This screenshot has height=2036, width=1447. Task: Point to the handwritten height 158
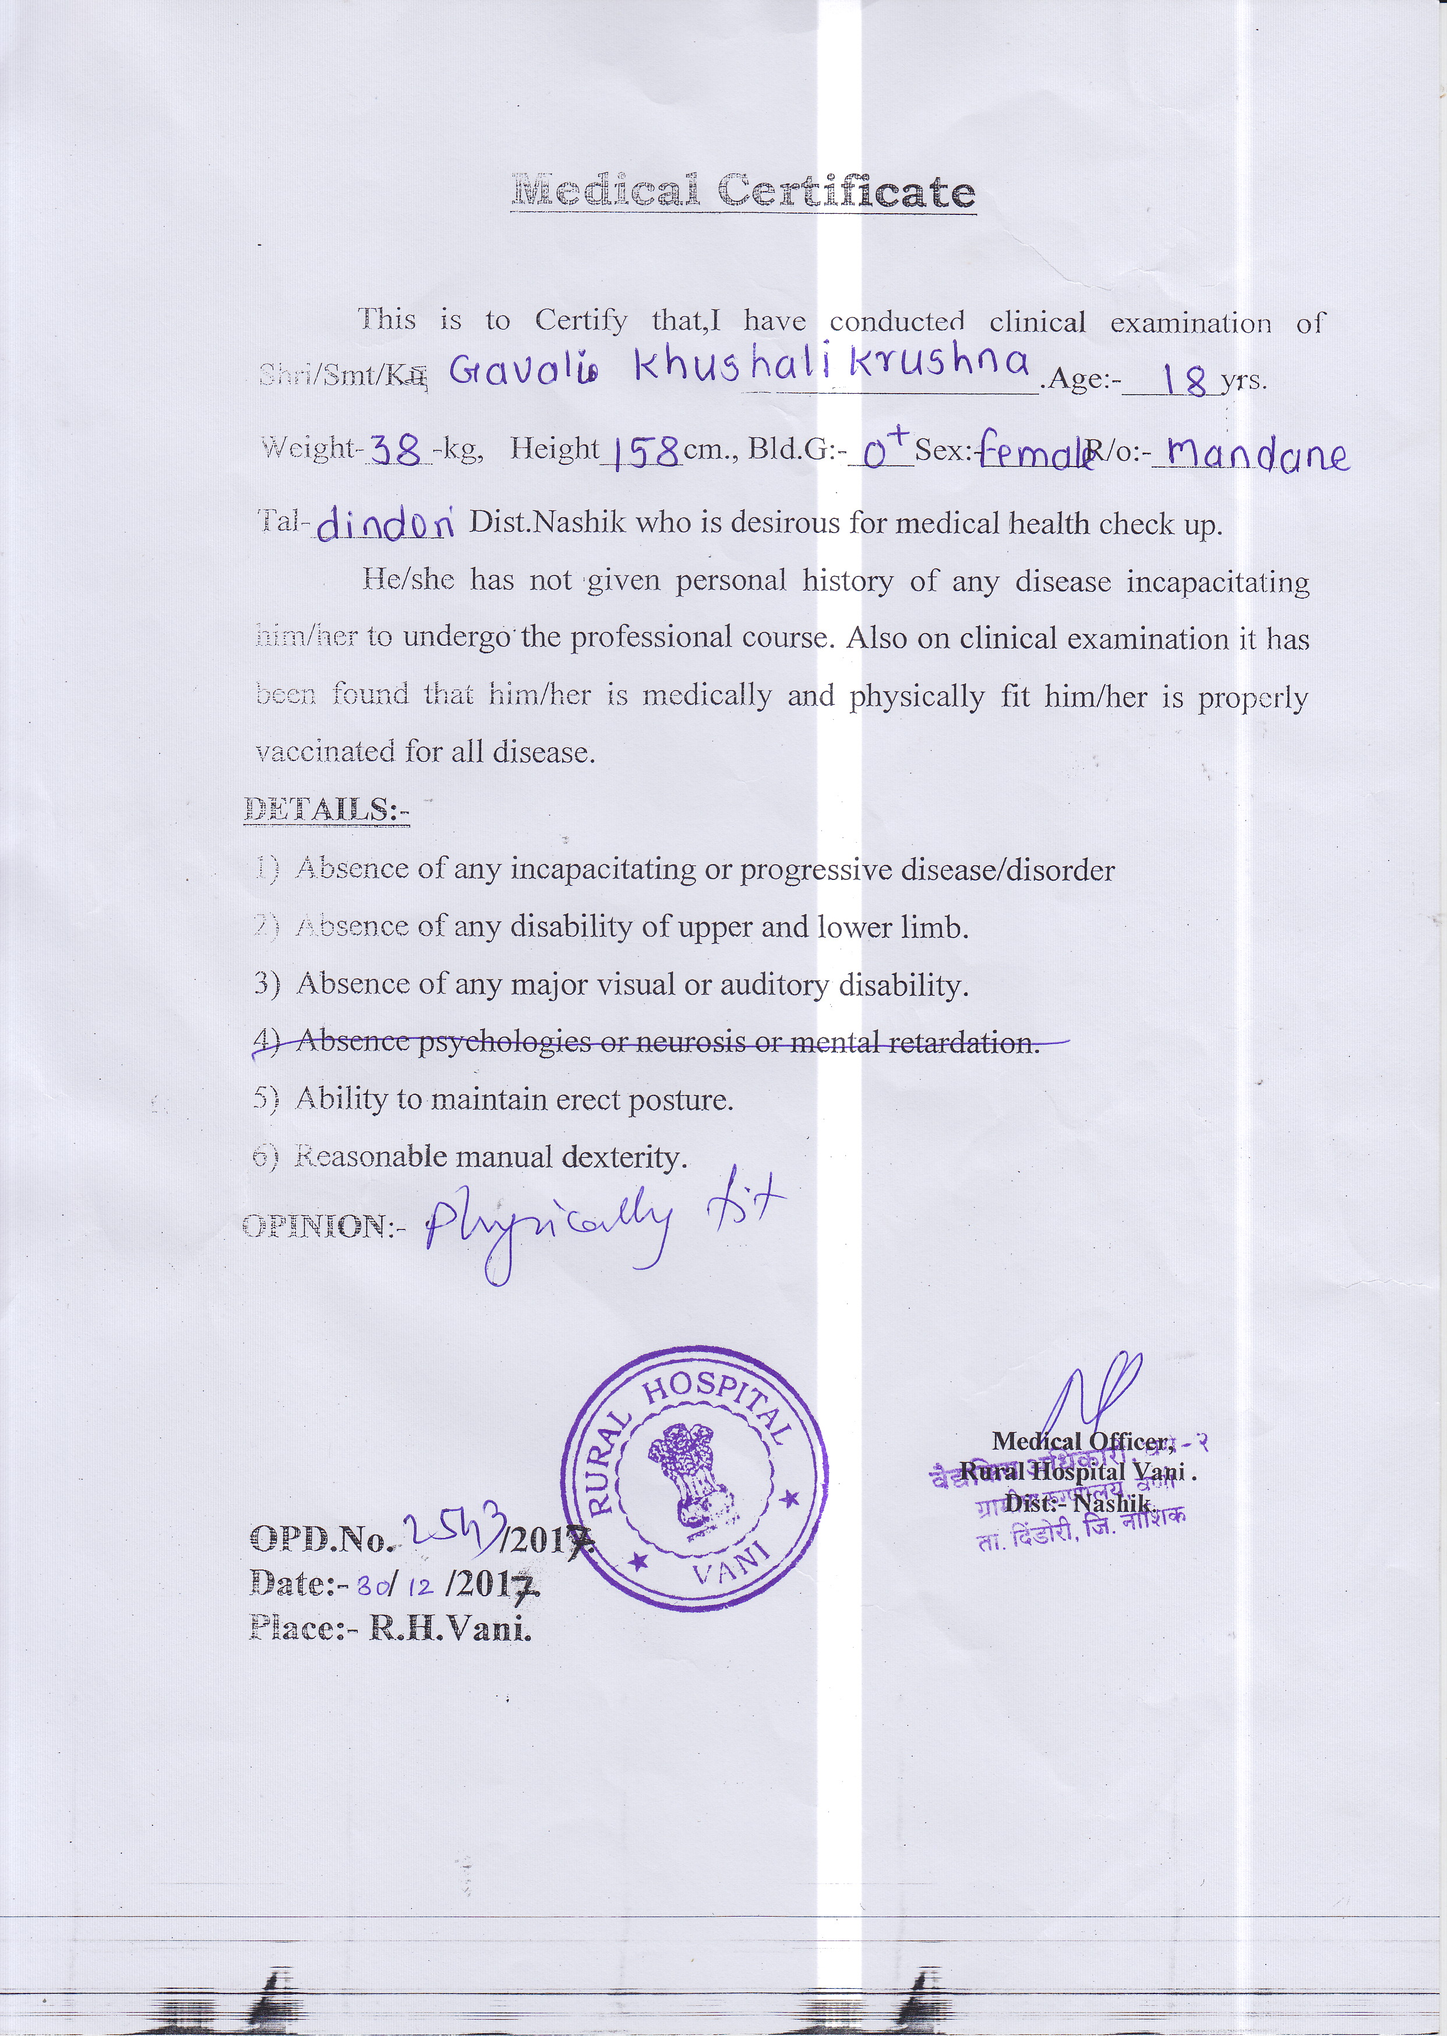[x=641, y=453]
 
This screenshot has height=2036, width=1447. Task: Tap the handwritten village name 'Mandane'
[x=1257, y=454]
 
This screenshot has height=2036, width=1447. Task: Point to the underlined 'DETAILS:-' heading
[x=326, y=810]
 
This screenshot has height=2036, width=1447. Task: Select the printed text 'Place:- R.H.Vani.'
[x=390, y=1629]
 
